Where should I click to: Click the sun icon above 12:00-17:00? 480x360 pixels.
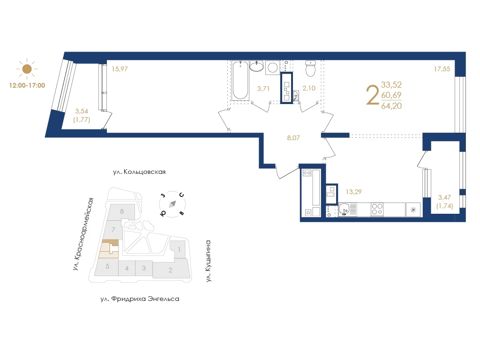[27, 69]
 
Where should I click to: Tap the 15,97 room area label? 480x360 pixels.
[120, 69]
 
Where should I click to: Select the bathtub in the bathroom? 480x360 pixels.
[240, 81]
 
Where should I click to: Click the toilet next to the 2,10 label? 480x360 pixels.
[310, 68]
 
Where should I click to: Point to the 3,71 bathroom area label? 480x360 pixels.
[263, 89]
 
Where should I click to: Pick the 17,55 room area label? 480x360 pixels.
[442, 69]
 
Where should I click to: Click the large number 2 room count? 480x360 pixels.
[372, 95]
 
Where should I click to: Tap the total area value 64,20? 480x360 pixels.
[391, 106]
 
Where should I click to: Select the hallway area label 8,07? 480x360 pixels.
[293, 138]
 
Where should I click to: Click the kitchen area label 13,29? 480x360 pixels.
[353, 192]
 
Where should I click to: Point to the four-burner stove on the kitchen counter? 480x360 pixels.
[377, 210]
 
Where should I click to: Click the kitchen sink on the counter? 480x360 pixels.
[345, 210]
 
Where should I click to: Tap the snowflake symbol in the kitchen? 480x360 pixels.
[413, 210]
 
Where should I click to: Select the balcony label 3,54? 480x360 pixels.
[82, 111]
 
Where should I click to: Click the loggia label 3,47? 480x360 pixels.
[444, 198]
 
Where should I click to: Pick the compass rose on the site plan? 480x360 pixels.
[172, 204]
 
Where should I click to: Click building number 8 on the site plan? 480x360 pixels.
[122, 211]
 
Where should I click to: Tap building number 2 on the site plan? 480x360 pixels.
[170, 270]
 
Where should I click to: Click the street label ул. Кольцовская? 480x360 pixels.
[139, 172]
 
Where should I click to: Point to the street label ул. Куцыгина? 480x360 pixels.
[208, 261]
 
